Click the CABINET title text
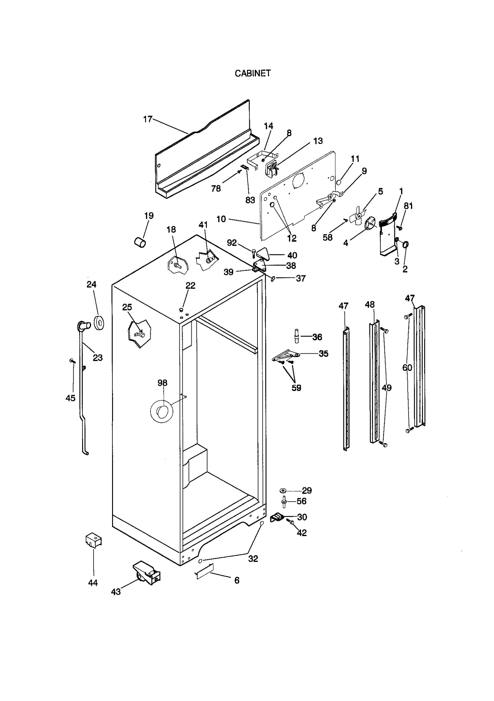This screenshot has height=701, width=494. click(x=253, y=73)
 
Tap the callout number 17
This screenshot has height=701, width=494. click(x=148, y=119)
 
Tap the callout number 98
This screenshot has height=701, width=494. click(x=162, y=383)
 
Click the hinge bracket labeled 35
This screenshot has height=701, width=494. click(x=286, y=355)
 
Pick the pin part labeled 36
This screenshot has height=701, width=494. click(x=296, y=336)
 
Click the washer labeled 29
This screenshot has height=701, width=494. click(x=283, y=490)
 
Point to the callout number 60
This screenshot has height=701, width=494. click(x=407, y=367)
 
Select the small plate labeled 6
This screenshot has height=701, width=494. click(x=204, y=570)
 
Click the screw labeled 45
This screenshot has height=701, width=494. click(x=73, y=360)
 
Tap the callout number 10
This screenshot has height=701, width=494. click(x=221, y=219)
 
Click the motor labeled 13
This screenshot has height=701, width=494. click(x=271, y=169)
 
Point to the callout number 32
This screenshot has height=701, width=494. click(x=253, y=559)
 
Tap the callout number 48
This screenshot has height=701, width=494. click(x=370, y=304)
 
